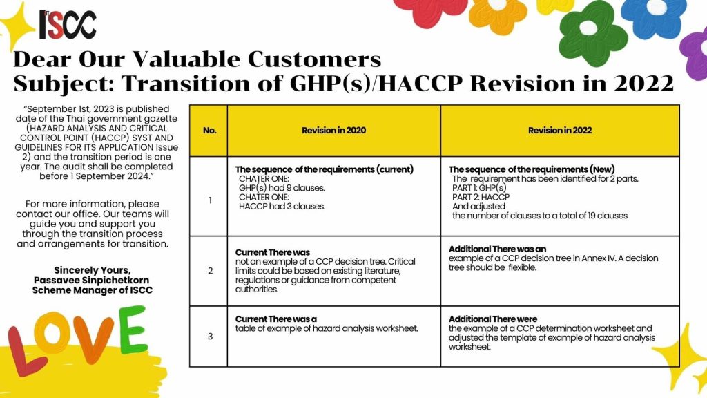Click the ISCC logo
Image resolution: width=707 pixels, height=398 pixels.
tap(68, 24)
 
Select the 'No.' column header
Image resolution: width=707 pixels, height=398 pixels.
tap(210, 131)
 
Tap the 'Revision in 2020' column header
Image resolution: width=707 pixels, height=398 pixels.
tap(333, 131)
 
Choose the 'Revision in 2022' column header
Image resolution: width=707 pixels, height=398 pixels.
tap(560, 131)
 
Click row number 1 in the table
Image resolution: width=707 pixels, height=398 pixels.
tap(210, 200)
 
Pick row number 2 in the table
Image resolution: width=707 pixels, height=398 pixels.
tap(210, 271)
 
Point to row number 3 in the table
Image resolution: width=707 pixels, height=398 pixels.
tap(210, 337)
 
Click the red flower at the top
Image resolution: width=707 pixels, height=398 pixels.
tap(424, 10)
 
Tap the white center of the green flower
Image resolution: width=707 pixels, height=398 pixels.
tap(588, 28)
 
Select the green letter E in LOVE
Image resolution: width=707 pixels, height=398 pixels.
tap(133, 330)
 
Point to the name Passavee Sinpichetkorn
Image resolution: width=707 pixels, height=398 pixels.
tap(92, 281)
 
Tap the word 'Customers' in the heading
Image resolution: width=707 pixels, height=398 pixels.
tap(314, 59)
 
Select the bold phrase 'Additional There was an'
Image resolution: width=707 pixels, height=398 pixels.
tap(497, 249)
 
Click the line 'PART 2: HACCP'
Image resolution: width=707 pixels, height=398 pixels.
tap(481, 197)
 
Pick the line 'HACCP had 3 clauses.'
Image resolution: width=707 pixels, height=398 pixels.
tap(282, 207)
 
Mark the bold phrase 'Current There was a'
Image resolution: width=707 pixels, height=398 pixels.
tap(276, 319)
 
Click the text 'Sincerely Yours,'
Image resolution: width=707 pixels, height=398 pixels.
tap(93, 270)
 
